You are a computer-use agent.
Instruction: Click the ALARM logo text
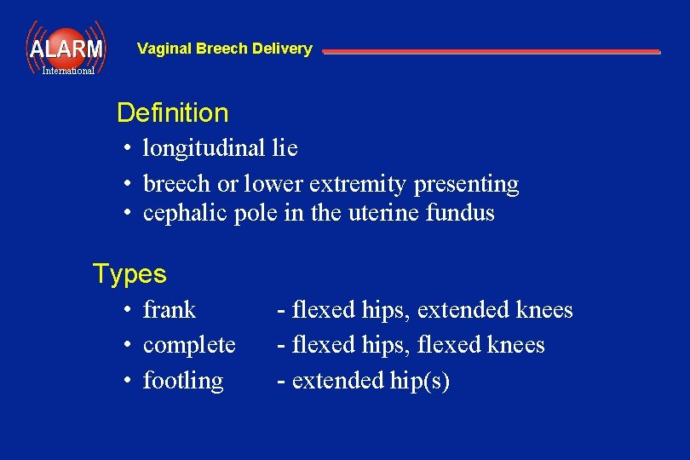point(66,49)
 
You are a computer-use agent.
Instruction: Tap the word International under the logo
point(68,71)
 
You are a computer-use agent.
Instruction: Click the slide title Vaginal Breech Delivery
point(224,49)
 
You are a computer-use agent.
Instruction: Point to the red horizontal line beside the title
point(491,52)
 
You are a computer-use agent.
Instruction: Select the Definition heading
point(172,112)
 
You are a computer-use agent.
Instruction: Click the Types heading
point(129,273)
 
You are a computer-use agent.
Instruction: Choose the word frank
point(170,309)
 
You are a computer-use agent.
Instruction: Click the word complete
point(189,345)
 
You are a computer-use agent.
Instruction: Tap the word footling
point(183,381)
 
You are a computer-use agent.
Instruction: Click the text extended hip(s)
point(370,381)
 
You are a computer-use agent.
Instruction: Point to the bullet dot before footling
point(125,381)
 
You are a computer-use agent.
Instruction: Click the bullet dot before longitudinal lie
point(125,148)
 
